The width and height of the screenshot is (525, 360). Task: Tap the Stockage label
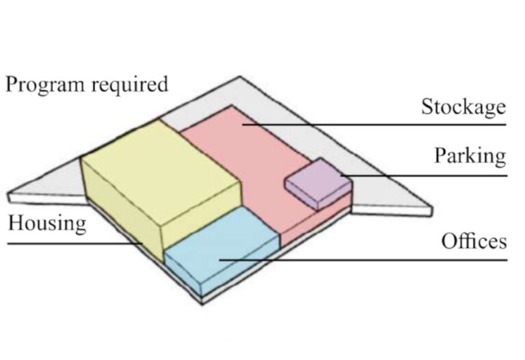pos(463,107)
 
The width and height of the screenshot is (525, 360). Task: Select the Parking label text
pos(470,156)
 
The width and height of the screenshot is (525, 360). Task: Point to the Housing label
pos(47,223)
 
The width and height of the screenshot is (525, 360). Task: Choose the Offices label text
pos(474,241)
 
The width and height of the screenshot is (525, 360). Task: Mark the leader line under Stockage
pos(410,125)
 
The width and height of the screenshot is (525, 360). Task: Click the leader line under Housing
pos(68,243)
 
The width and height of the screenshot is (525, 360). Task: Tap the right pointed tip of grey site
pos(431,205)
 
